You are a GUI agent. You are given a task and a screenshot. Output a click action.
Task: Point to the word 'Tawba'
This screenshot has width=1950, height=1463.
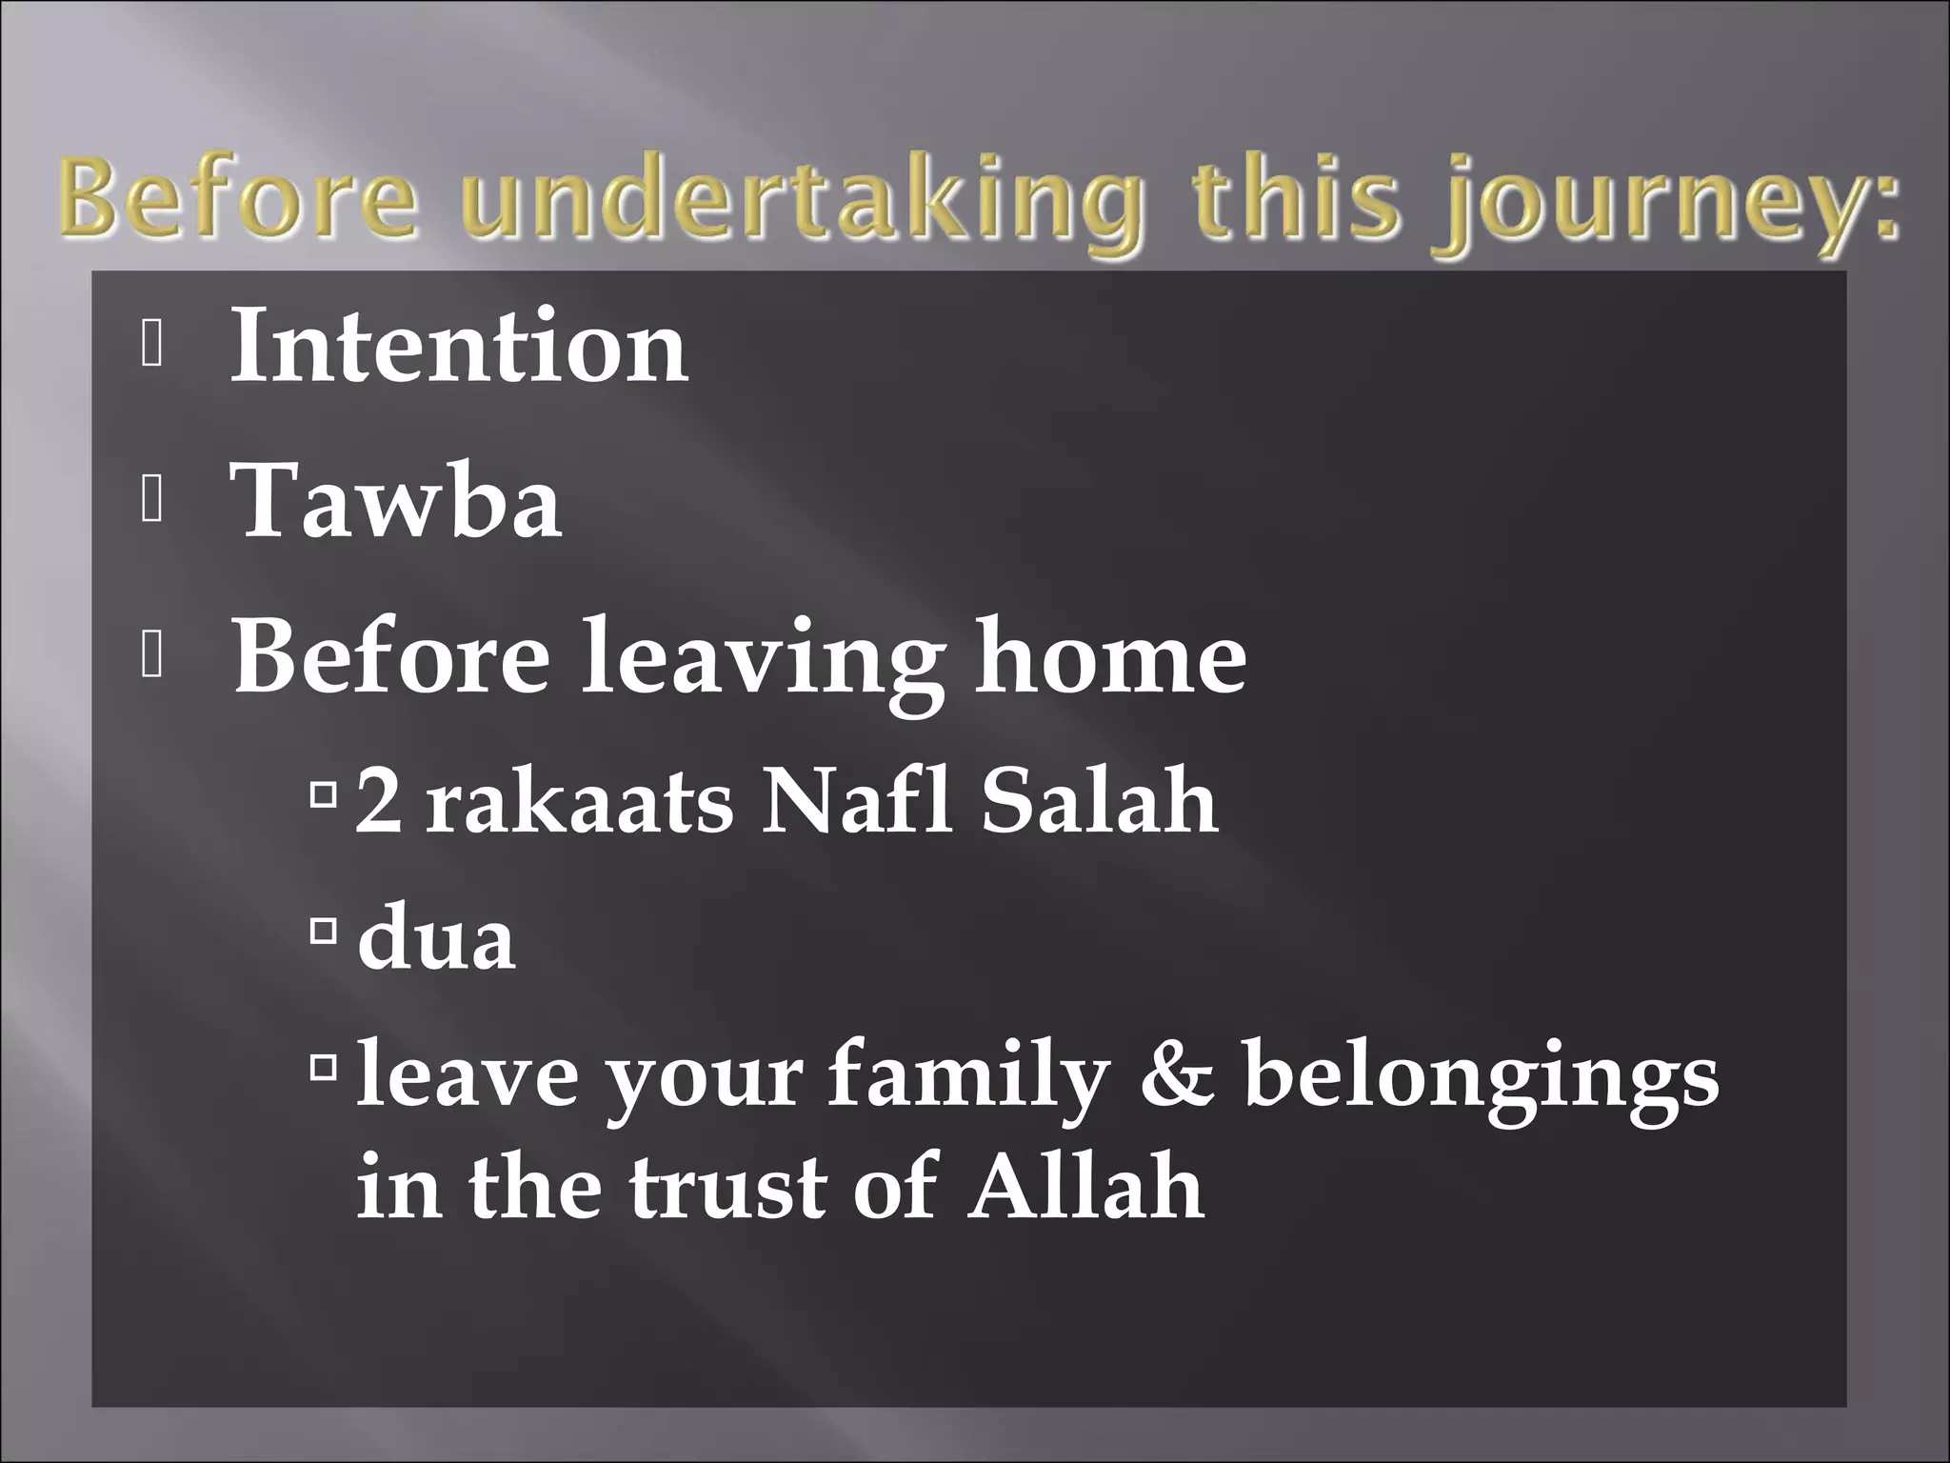397,502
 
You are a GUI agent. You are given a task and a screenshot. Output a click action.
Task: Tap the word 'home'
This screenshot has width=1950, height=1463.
1110,656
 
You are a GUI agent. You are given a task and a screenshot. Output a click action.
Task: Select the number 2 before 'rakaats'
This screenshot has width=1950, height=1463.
379,802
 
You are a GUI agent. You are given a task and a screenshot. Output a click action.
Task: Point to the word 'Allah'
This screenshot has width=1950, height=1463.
1086,1186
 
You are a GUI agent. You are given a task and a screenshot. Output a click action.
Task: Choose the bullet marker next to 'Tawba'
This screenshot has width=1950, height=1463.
151,502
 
